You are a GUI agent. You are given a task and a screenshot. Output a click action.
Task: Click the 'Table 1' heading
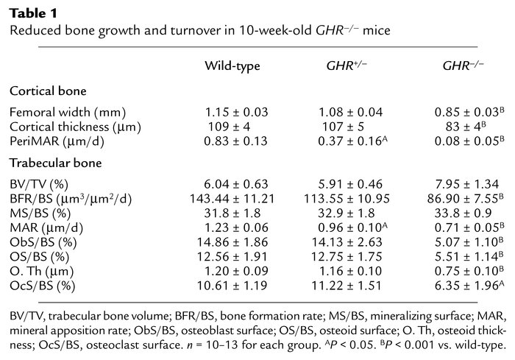click(29, 13)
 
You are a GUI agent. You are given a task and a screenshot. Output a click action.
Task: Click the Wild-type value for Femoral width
click(232, 112)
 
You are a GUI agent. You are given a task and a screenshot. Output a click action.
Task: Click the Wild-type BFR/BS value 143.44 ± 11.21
click(232, 197)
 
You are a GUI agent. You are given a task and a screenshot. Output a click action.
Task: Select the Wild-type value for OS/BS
click(232, 253)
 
